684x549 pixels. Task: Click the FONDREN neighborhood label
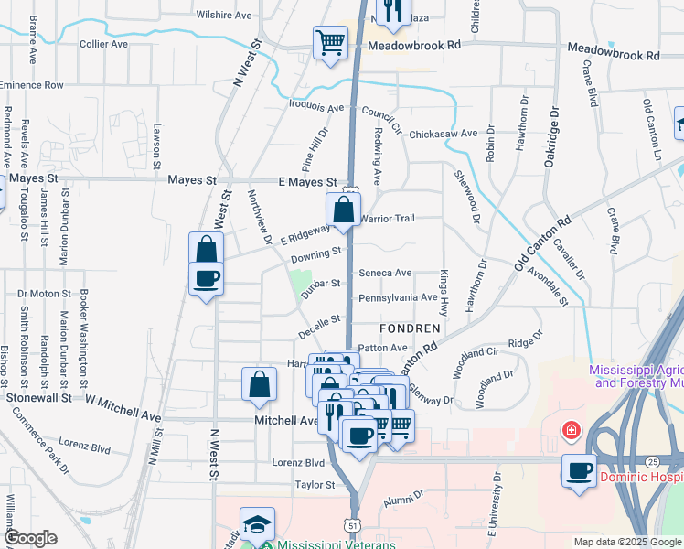pyautogui.click(x=411, y=327)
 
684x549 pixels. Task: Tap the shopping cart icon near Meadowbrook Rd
pyautogui.click(x=329, y=41)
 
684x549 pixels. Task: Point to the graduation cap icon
pyautogui.click(x=257, y=524)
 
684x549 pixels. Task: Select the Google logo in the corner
pyautogui.click(x=30, y=538)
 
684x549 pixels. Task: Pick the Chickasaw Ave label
pyautogui.click(x=444, y=134)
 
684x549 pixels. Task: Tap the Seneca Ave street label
pyautogui.click(x=385, y=273)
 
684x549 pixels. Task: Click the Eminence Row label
pyautogui.click(x=32, y=85)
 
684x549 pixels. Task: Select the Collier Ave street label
pyautogui.click(x=103, y=44)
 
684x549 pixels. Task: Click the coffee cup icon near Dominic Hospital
pyautogui.click(x=578, y=470)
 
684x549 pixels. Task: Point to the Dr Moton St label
pyautogui.click(x=44, y=295)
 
